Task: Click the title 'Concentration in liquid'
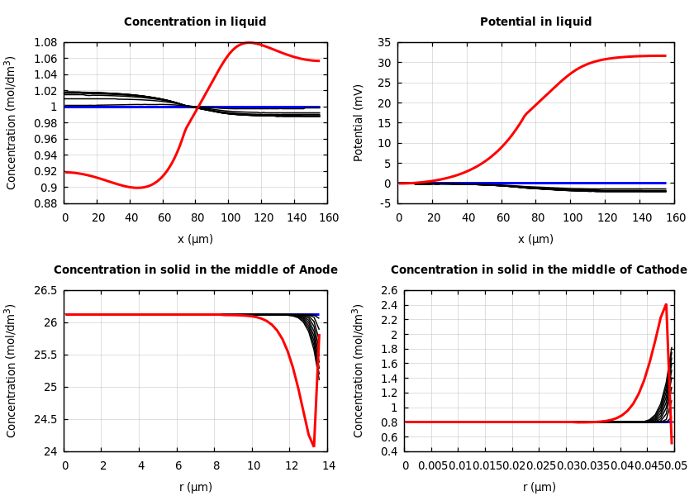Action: click(x=195, y=22)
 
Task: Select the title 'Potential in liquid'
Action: click(x=535, y=22)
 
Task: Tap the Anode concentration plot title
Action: click(x=195, y=270)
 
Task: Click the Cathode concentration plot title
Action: click(x=539, y=270)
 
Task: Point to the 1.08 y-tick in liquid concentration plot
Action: click(x=45, y=42)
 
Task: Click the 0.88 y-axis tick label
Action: click(x=45, y=203)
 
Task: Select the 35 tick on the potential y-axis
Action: click(x=383, y=42)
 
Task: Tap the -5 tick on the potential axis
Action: click(x=383, y=203)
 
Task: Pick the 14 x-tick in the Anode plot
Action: click(x=328, y=466)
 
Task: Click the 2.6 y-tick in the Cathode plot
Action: click(x=388, y=290)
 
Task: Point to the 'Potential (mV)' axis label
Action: click(x=359, y=122)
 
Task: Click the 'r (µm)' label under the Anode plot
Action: click(x=195, y=487)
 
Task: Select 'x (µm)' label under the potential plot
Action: click(x=535, y=239)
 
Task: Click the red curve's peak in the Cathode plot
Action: click(x=666, y=304)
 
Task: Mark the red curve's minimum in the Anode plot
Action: click(x=314, y=446)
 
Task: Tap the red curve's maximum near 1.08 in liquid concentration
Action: click(x=249, y=42)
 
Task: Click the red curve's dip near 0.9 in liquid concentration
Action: click(x=138, y=188)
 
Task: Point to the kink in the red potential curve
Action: click(x=525, y=114)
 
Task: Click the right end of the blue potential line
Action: click(x=666, y=183)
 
